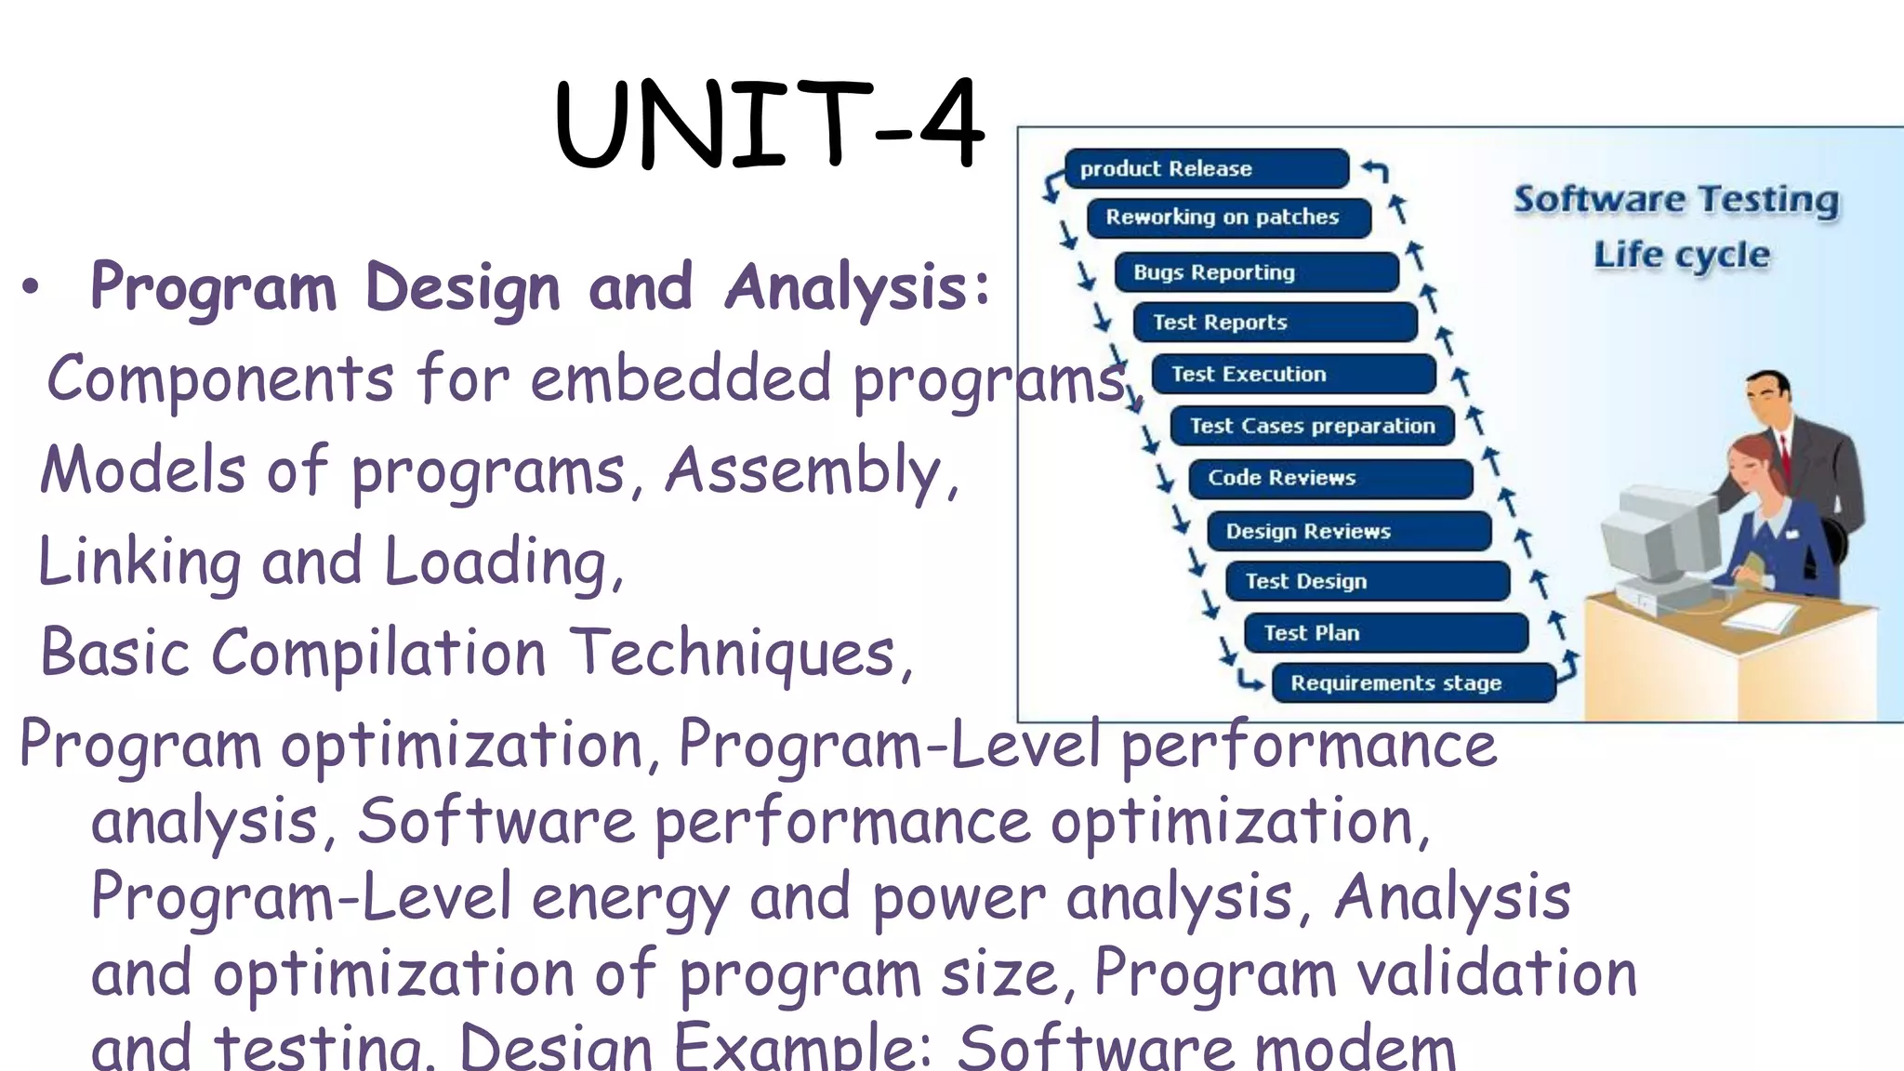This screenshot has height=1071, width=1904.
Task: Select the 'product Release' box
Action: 1206,168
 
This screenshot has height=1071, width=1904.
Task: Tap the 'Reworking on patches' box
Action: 1228,218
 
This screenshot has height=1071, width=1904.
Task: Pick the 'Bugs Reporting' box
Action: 1256,272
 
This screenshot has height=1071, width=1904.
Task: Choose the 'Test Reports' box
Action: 1275,323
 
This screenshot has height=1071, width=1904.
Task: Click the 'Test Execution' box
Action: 1293,374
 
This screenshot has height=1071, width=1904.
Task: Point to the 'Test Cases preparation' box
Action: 1312,426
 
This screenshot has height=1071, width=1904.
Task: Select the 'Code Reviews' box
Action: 1330,478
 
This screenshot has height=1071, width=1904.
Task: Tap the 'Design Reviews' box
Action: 1349,531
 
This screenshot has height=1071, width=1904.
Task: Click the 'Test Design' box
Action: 1368,581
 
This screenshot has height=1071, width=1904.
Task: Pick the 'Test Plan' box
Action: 1386,633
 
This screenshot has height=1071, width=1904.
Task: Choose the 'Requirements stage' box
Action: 1413,683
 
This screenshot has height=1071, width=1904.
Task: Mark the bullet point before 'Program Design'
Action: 31,288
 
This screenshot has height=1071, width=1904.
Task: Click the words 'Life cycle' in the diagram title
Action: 1681,255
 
